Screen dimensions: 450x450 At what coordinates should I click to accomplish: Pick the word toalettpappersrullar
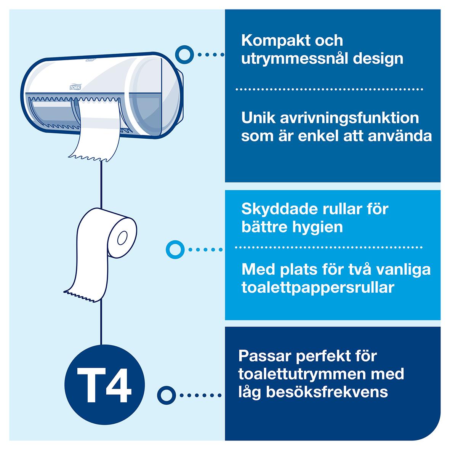pos(317,288)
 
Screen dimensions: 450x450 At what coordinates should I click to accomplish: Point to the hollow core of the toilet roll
pos(122,238)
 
